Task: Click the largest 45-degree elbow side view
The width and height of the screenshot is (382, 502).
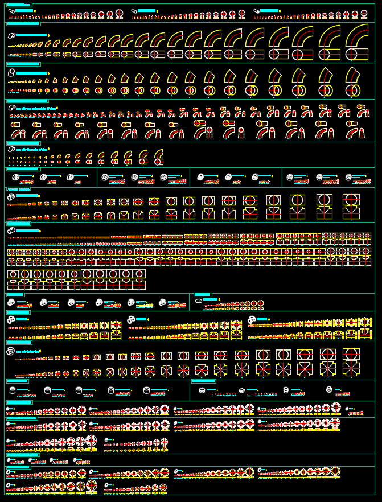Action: pos(353,75)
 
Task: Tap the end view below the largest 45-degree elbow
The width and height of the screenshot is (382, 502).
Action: pos(354,90)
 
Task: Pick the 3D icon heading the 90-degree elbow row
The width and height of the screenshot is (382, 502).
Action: pos(11,35)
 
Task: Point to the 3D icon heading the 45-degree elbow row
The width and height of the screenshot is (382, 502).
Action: pos(11,73)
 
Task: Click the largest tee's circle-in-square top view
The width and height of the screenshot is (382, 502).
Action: pos(351,200)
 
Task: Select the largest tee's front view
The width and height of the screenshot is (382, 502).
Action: pos(351,213)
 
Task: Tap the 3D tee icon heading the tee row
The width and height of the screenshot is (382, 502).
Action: pos(11,196)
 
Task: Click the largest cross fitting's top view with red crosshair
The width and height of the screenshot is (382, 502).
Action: pos(351,355)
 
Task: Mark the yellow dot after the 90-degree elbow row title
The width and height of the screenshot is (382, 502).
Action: pos(48,35)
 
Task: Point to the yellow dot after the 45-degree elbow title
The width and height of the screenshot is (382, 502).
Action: pos(48,73)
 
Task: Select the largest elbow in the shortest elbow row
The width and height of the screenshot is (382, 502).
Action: pos(158,155)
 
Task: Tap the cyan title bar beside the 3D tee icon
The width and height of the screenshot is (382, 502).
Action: pos(27,196)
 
